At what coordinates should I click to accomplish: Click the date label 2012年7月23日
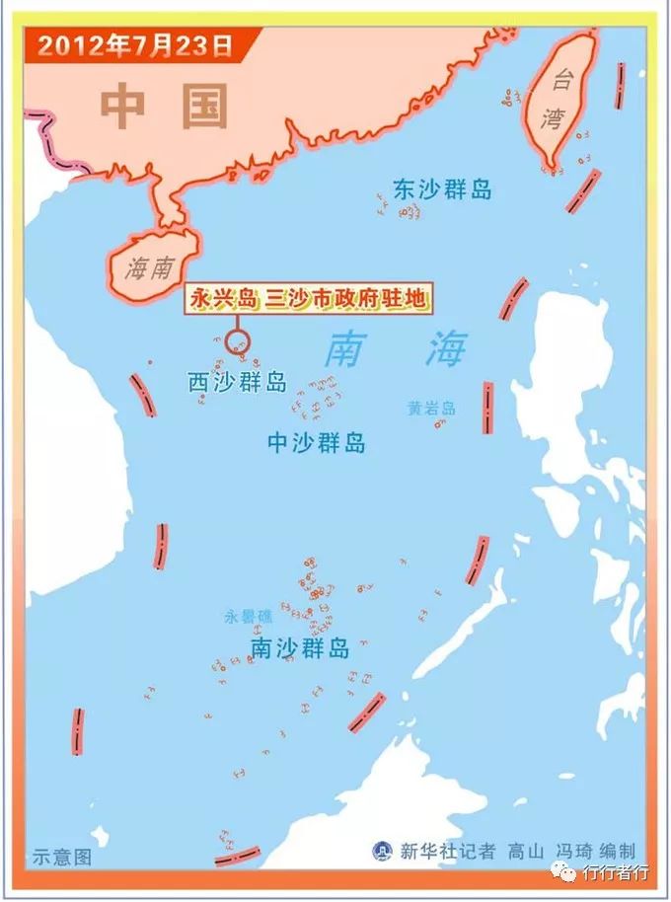[x=135, y=44]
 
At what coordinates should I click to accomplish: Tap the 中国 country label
[x=164, y=107]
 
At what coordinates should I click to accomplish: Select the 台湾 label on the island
[x=559, y=99]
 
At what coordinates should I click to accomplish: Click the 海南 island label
[x=150, y=266]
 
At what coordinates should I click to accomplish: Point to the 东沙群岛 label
[x=441, y=189]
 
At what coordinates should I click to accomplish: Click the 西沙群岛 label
[x=237, y=383]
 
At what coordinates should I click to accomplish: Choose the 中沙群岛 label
[x=317, y=443]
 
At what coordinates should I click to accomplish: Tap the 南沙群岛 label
[x=300, y=648]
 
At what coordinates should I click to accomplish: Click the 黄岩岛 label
[x=432, y=408]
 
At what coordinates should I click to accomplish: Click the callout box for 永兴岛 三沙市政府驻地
[x=309, y=299]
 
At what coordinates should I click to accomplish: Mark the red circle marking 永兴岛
[x=238, y=341]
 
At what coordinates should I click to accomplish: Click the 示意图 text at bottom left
[x=61, y=857]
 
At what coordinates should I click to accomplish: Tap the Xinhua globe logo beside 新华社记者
[x=382, y=852]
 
